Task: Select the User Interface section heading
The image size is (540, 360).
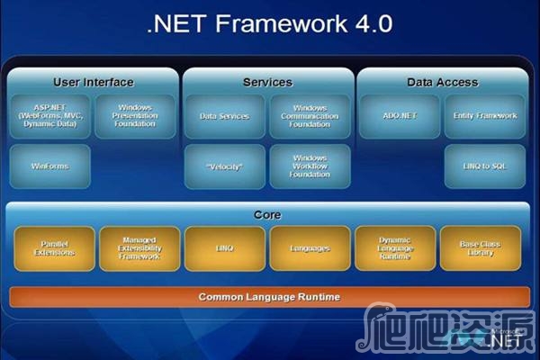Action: point(93,82)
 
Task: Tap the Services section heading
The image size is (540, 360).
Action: point(267,82)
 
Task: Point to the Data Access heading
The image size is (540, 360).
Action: point(442,82)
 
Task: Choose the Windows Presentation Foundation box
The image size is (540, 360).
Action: point(134,116)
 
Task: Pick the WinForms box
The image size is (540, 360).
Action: point(49,166)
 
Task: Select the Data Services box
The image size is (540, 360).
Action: point(225,116)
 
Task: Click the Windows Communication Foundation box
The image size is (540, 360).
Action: point(310,116)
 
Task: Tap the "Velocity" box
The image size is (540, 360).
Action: point(225,166)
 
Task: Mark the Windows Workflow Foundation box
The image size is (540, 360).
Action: point(310,166)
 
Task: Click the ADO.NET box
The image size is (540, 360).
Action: point(400,116)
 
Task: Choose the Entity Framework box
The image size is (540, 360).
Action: point(485,116)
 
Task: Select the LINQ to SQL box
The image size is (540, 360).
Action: point(485,166)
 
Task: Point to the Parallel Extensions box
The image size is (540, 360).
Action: point(54,248)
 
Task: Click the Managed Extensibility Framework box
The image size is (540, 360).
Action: point(139,248)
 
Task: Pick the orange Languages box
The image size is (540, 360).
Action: point(310,248)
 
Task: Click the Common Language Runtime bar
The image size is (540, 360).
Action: point(269,296)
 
